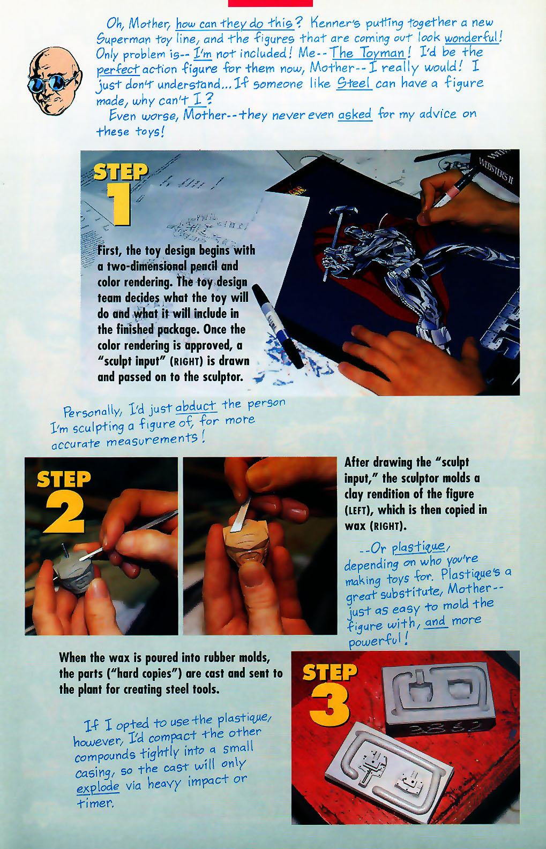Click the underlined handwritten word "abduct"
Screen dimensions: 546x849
point(196,406)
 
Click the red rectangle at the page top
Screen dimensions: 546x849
point(270,3)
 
